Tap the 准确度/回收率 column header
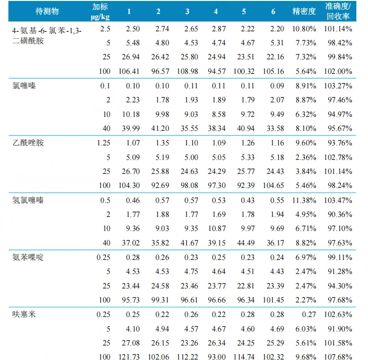tap(338, 11)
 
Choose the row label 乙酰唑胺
tap(28, 143)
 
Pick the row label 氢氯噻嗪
tap(28, 200)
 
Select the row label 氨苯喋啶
tap(28, 257)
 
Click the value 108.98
tap(187, 72)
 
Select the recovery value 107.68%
tap(337, 357)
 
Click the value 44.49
tap(244, 243)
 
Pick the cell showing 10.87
tap(216, 229)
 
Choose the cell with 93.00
tap(216, 357)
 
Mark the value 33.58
tap(274, 129)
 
